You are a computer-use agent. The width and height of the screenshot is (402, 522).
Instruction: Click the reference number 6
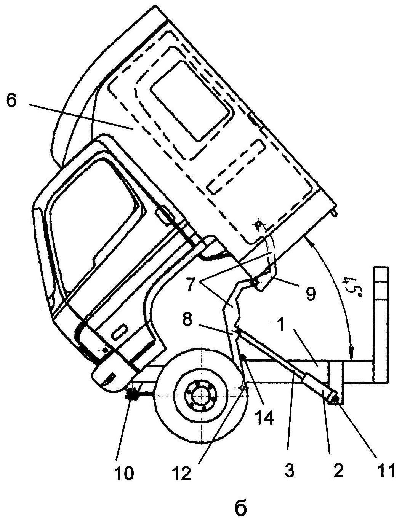(x=12, y=101)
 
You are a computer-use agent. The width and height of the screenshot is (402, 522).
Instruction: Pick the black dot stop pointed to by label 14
(x=243, y=358)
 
